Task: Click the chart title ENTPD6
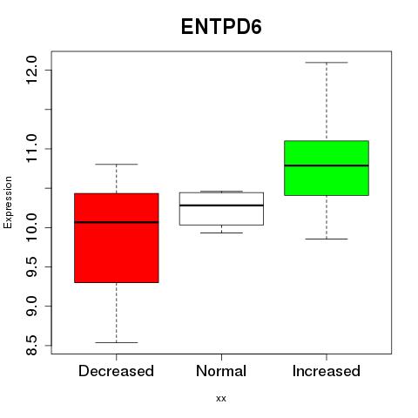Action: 221,27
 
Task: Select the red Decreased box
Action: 117,238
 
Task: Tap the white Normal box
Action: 221,209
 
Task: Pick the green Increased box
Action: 327,168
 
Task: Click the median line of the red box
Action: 117,222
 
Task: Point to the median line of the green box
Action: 327,165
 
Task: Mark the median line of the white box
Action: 221,206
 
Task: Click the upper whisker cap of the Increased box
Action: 327,63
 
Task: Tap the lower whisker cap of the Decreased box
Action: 117,342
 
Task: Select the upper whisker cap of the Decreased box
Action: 117,165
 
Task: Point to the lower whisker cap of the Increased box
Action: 327,239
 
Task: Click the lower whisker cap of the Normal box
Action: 221,233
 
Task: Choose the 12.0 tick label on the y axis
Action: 31,70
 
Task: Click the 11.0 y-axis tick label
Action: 31,149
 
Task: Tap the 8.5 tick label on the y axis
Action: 31,346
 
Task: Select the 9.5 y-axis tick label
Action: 31,266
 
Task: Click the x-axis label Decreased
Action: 116,371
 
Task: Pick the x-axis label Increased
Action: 327,371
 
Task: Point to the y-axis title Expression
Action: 8,202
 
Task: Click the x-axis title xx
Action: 221,399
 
